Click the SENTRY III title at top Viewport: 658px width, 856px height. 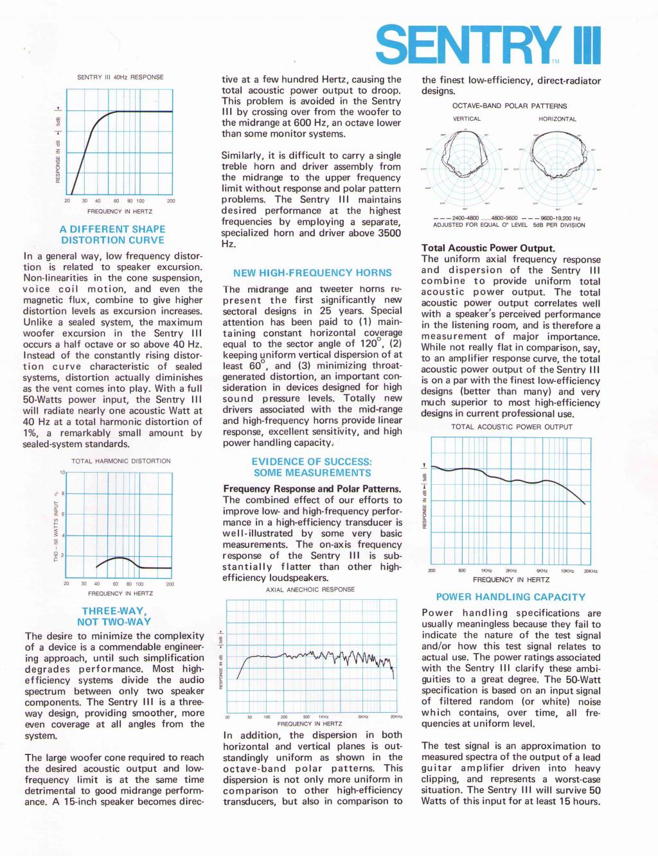488,45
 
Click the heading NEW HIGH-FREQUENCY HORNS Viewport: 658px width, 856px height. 312,273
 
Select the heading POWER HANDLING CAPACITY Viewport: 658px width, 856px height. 511,597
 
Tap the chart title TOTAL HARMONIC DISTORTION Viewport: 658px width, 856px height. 121,461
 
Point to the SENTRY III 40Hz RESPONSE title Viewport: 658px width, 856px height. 120,77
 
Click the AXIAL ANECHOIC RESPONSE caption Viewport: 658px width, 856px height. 310,590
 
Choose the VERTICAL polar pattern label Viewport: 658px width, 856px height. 467,119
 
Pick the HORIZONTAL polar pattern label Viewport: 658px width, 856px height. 557,119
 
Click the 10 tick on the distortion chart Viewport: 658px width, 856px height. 62,473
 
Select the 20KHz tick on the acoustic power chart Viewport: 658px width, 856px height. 591,571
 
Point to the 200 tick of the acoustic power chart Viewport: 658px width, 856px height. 432,571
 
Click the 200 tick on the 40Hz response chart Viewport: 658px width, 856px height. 171,201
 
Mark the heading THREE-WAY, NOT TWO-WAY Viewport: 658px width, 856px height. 114,616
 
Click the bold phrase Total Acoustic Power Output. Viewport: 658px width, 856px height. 488,248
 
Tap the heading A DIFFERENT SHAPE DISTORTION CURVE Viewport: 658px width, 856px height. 112,234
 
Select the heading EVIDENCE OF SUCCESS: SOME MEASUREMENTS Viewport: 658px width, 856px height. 312,467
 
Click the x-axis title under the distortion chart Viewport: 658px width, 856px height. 120,593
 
